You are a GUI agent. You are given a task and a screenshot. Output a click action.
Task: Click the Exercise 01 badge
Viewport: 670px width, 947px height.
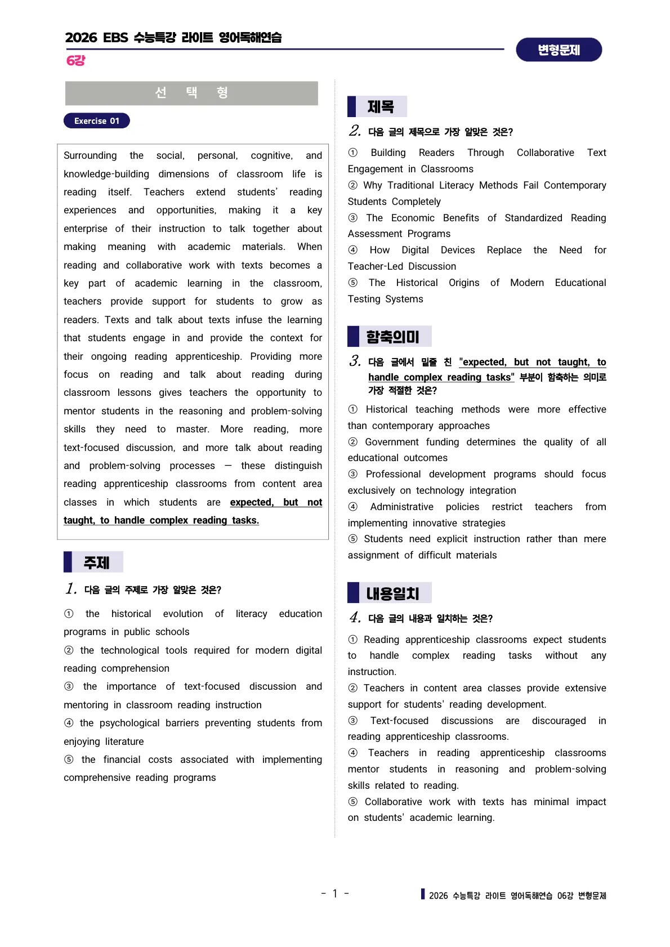97,121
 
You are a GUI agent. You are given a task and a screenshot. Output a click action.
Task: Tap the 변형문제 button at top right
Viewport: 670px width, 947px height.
559,50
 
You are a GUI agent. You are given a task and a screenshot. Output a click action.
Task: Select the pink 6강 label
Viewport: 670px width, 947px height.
75,61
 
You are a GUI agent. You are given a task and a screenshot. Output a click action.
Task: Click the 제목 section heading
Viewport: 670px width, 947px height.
381,106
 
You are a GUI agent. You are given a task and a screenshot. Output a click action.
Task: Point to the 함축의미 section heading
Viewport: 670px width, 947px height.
392,337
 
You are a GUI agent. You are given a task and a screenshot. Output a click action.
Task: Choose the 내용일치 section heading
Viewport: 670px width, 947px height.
392,593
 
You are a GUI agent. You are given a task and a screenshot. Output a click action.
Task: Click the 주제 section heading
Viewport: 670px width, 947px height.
96,562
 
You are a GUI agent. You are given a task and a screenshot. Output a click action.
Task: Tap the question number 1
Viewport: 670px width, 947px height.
71,589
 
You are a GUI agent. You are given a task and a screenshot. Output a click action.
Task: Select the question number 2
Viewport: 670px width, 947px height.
355,131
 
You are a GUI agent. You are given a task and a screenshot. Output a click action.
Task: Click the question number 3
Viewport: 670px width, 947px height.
355,361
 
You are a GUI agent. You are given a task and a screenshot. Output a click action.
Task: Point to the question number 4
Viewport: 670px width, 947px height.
355,618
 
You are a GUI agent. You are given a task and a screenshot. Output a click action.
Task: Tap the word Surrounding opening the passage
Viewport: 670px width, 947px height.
90,155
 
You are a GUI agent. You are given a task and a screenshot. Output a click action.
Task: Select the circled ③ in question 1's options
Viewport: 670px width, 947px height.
69,686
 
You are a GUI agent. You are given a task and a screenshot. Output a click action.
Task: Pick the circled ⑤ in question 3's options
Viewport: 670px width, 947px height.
353,539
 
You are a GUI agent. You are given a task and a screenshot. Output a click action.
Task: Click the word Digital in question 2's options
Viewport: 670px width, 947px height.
415,250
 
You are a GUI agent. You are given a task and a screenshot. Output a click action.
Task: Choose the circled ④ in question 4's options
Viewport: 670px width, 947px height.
353,753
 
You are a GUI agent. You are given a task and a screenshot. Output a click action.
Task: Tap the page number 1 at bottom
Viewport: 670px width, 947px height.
335,894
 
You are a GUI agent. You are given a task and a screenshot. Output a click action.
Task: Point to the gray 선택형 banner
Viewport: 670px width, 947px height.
191,93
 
